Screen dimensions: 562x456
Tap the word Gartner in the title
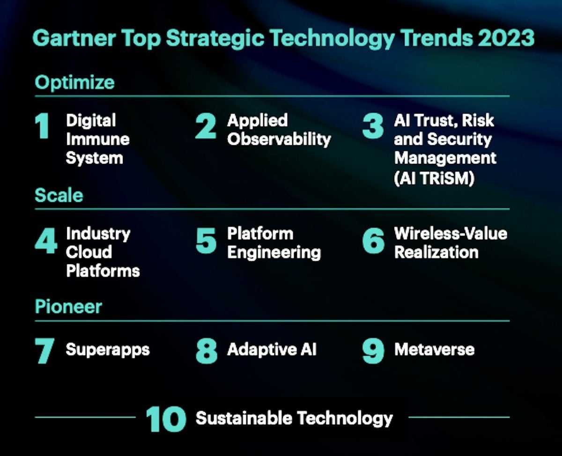(x=74, y=38)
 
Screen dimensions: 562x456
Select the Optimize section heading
(x=74, y=82)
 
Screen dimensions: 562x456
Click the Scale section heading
(x=59, y=195)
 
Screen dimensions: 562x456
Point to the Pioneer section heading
(x=68, y=307)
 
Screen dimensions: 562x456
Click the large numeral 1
(x=42, y=125)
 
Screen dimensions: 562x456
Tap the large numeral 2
(x=206, y=126)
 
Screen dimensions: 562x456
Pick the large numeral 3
(x=373, y=126)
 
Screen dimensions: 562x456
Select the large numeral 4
(x=46, y=241)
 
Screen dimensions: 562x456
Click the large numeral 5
(x=206, y=241)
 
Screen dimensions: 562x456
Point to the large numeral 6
(x=373, y=241)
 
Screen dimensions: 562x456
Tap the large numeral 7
(x=44, y=351)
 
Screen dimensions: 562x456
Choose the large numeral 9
(x=373, y=351)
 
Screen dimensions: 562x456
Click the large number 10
(x=166, y=419)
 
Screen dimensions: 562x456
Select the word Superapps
(x=108, y=350)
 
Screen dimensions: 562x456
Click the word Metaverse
(x=434, y=349)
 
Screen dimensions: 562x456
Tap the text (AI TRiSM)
(x=434, y=178)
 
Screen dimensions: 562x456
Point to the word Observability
(x=279, y=140)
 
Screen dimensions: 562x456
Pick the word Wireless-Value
(x=451, y=234)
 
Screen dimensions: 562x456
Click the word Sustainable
(x=244, y=418)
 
